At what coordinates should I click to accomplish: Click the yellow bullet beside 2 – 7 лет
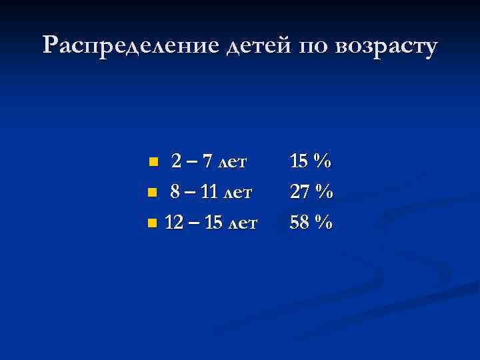pyautogui.click(x=153, y=161)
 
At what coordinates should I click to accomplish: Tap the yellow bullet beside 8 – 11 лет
pyautogui.click(x=152, y=193)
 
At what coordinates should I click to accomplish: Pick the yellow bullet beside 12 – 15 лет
pyautogui.click(x=152, y=223)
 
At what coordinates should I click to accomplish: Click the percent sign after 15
pyautogui.click(x=323, y=161)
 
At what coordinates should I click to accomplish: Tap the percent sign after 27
pyautogui.click(x=323, y=193)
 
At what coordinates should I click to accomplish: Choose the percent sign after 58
pyautogui.click(x=323, y=223)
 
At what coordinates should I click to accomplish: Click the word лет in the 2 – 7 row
pyautogui.click(x=232, y=162)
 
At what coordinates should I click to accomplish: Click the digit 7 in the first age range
pyautogui.click(x=207, y=161)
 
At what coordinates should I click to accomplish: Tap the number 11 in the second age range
pyautogui.click(x=209, y=193)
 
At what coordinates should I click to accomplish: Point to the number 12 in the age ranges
pyautogui.click(x=173, y=223)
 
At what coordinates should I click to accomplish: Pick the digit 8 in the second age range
pyautogui.click(x=175, y=193)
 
